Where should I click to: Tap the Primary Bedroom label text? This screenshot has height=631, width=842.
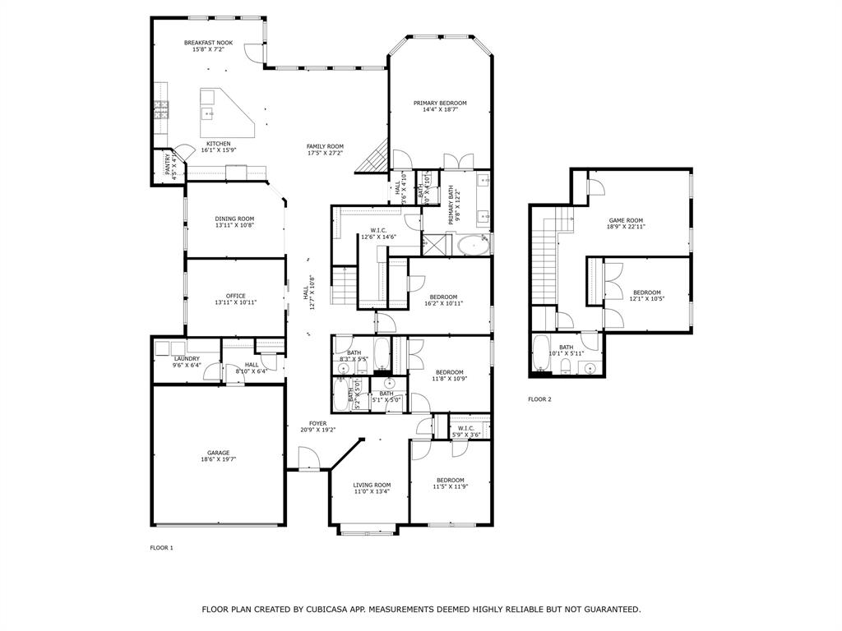440,103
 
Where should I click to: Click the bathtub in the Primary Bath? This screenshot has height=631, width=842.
473,244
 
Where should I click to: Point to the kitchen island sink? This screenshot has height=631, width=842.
207,113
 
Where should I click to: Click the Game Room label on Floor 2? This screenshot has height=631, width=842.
625,220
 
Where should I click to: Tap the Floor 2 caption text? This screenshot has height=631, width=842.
539,399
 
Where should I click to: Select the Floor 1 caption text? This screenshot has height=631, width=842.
161,547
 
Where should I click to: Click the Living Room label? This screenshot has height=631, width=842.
372,485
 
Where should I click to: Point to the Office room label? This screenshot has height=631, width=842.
236,296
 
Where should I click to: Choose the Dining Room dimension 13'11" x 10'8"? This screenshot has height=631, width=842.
235,225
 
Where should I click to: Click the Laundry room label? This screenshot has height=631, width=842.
187,358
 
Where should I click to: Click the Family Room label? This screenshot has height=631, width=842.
325,146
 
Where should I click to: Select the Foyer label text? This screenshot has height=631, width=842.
317,423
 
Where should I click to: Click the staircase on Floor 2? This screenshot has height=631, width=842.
544,255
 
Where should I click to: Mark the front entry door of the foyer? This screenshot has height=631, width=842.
309,458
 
